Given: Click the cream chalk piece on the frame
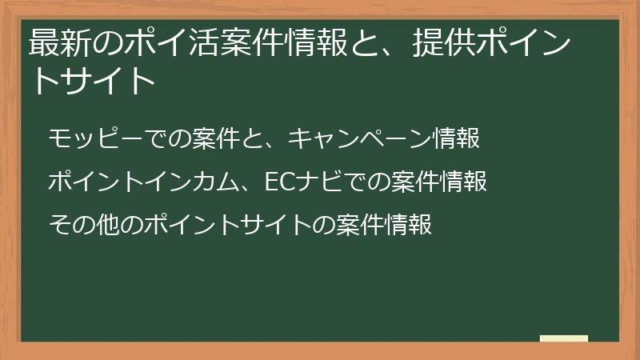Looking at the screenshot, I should point(563,339).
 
